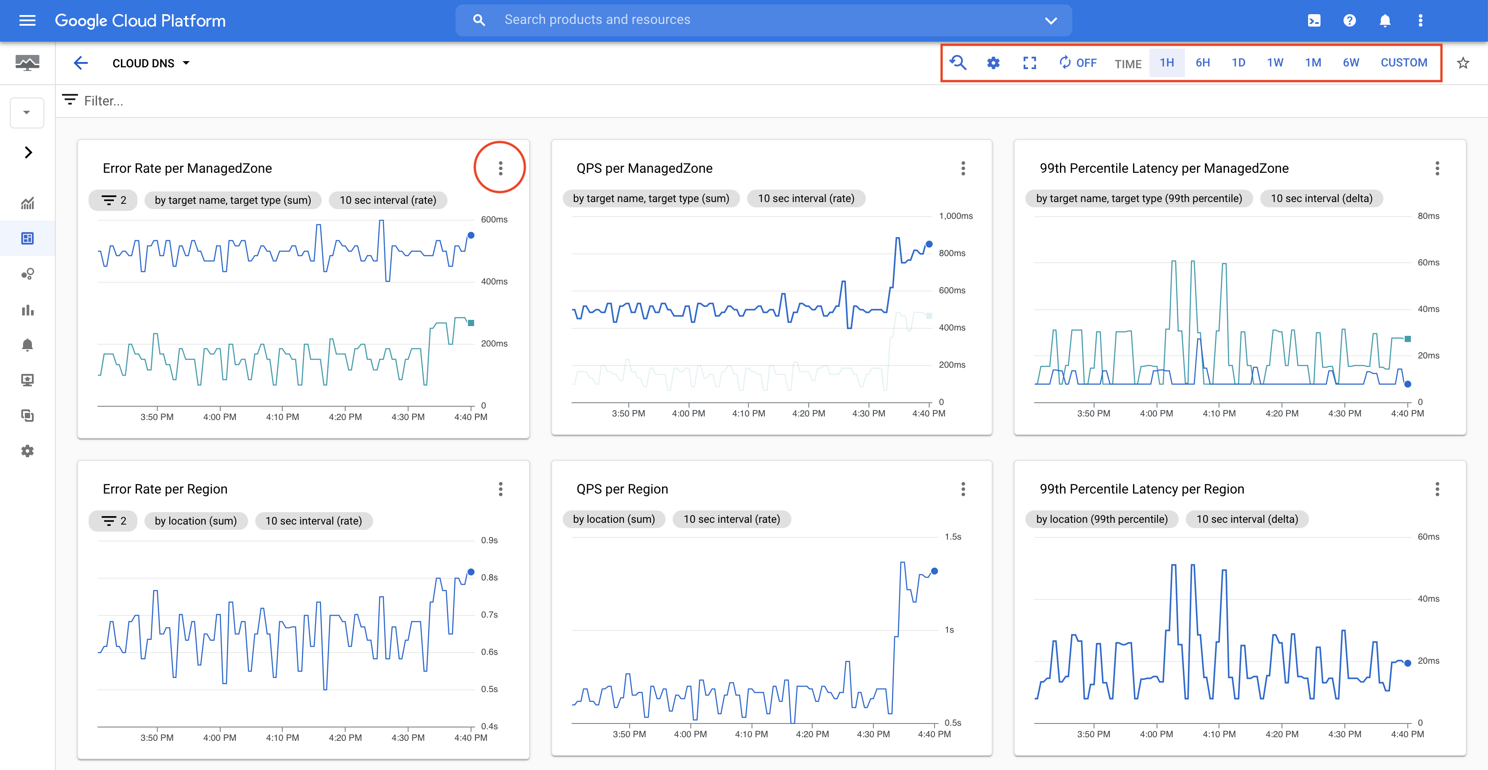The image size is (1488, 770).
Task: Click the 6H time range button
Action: [x=1203, y=62]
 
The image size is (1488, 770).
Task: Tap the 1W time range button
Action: [x=1275, y=62]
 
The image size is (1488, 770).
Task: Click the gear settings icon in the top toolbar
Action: [x=993, y=62]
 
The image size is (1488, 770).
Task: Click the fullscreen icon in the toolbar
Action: [x=1029, y=62]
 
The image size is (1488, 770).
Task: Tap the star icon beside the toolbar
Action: [x=1463, y=62]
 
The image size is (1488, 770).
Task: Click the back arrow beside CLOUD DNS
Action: [x=81, y=63]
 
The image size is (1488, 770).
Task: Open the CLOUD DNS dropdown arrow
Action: [x=186, y=63]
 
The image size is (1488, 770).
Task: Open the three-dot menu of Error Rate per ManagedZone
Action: [x=500, y=168]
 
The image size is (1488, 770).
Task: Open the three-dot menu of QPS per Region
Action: [x=963, y=489]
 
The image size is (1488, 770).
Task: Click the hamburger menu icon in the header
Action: [x=27, y=21]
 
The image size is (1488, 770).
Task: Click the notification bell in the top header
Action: [x=1385, y=21]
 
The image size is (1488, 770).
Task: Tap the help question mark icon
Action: [x=1349, y=21]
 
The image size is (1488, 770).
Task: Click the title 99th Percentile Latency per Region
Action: [x=1141, y=489]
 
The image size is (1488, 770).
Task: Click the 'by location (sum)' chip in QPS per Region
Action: [x=613, y=519]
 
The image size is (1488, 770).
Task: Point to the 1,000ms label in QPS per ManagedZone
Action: [x=955, y=216]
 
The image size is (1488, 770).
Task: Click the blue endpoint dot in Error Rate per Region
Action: [x=471, y=572]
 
